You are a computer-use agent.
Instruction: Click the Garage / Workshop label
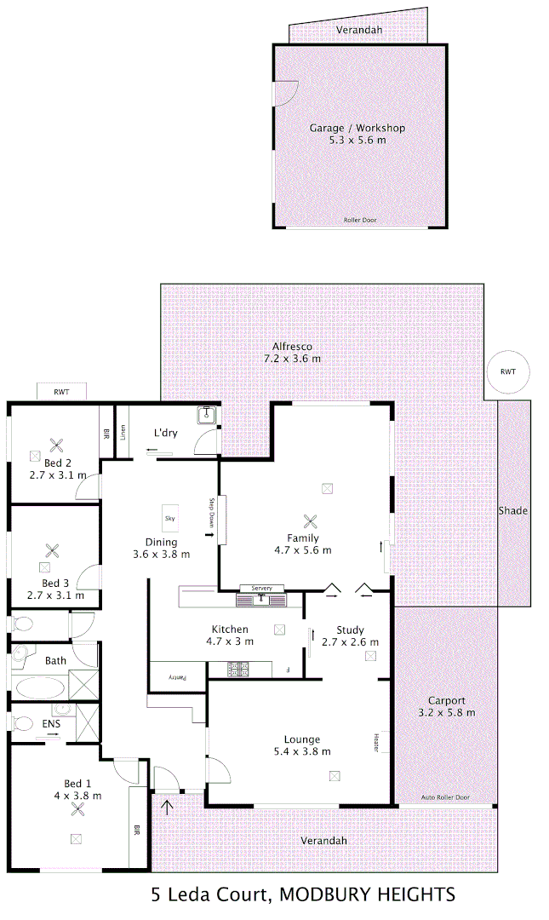point(357,129)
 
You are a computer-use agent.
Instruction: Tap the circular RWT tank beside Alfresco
point(508,372)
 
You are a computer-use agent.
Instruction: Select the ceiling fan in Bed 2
point(58,444)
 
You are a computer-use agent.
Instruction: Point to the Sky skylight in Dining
point(169,517)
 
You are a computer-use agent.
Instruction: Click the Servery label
point(261,589)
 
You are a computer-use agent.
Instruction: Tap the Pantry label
point(176,677)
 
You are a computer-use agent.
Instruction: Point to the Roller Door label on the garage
point(359,220)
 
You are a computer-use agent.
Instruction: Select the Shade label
point(513,511)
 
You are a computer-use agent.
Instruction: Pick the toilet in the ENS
point(23,724)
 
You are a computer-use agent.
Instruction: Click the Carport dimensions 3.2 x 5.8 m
point(446,712)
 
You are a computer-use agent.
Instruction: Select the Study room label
point(350,630)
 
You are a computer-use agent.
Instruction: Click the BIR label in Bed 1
point(136,831)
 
